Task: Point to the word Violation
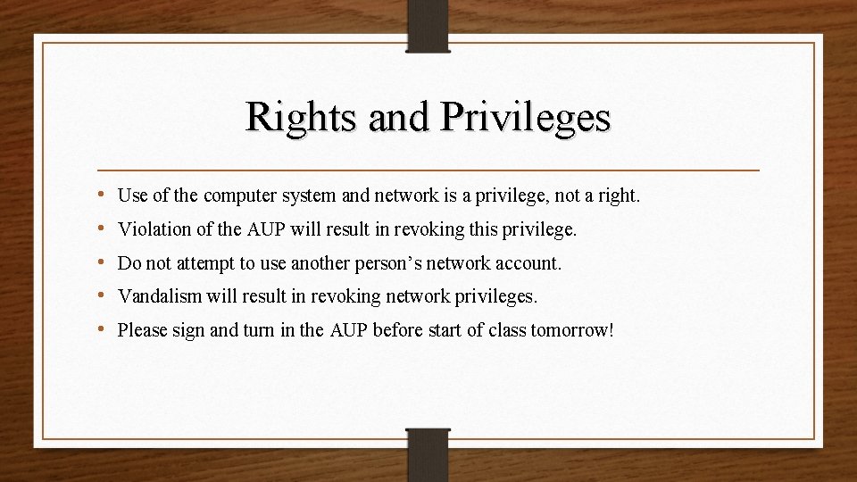click(154, 229)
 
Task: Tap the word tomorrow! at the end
click(571, 330)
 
